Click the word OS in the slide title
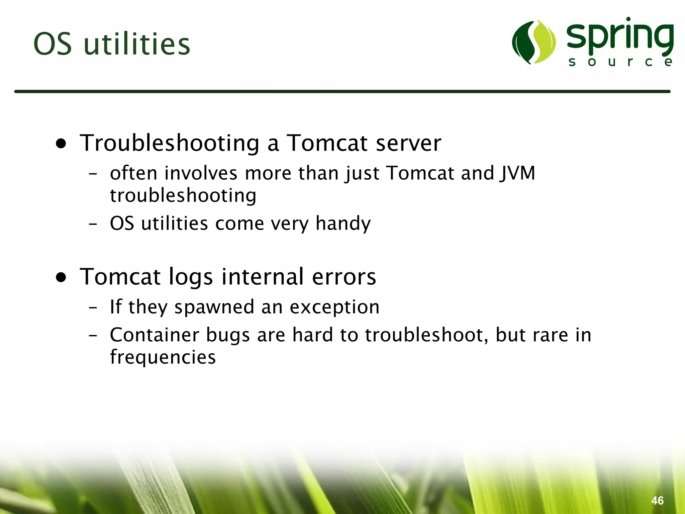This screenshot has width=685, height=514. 53,44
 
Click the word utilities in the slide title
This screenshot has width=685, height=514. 137,44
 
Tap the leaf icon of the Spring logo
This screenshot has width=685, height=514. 534,42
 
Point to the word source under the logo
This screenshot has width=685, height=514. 620,62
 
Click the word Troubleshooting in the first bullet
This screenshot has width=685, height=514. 169,143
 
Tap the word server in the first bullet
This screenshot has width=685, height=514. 408,143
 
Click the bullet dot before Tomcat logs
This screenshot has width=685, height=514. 61,277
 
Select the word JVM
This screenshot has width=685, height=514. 518,173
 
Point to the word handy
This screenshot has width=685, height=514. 343,224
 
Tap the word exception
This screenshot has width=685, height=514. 334,307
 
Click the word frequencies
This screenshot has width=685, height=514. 163,357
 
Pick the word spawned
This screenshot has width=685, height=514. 214,307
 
